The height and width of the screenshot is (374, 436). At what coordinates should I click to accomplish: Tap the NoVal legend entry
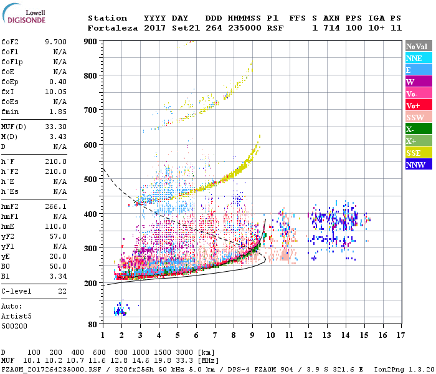[417, 46]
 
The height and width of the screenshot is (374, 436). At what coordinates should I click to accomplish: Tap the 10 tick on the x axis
[271, 335]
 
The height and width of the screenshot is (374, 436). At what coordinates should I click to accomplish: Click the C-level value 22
[62, 291]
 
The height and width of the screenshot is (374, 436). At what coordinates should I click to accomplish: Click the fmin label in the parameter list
[11, 111]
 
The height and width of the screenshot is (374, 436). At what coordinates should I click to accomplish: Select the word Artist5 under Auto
[16, 316]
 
